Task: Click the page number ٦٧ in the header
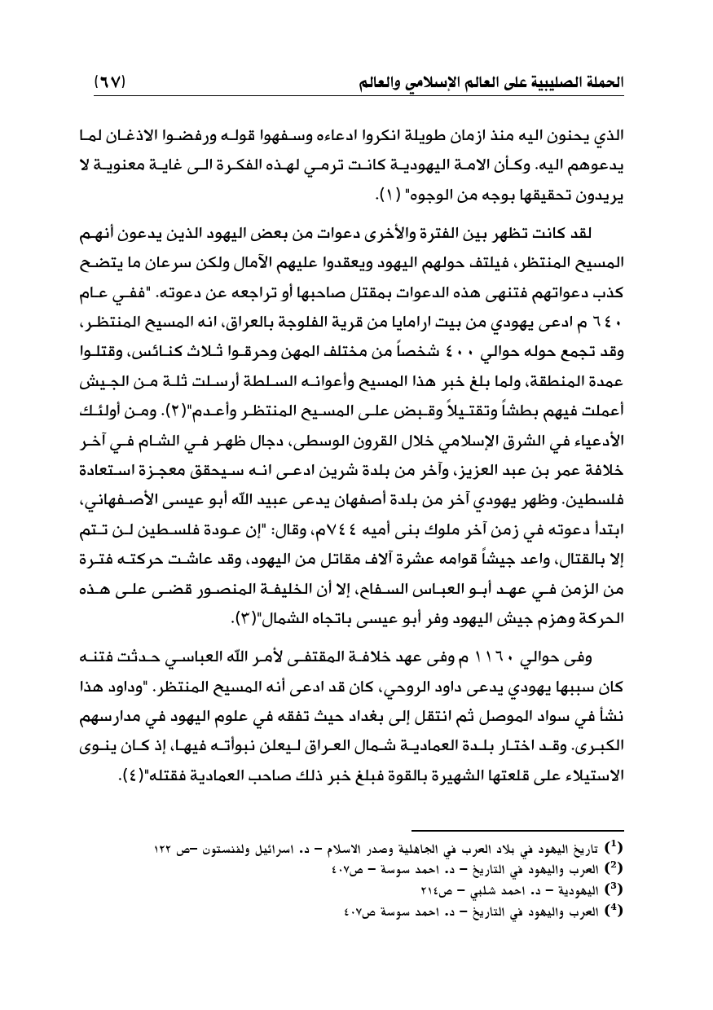(x=112, y=82)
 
